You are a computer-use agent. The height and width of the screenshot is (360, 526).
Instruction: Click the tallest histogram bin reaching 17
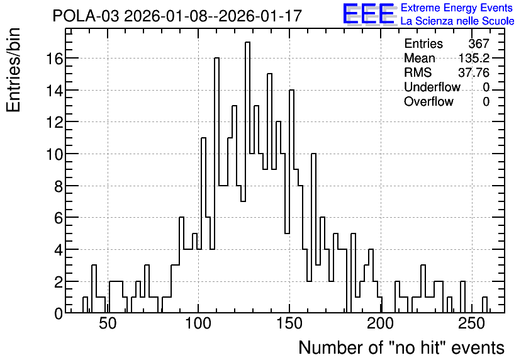tap(247, 177)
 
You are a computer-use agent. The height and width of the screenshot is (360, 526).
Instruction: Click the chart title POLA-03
tap(86, 16)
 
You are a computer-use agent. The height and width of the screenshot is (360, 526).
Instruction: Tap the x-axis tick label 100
tap(198, 323)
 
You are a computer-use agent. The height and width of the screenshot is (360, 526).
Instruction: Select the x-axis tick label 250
tap(472, 323)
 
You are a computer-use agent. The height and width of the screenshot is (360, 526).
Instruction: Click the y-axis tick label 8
tap(59, 186)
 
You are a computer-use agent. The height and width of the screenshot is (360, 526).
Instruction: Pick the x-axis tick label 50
tap(108, 323)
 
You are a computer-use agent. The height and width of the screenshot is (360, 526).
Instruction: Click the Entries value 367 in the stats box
tap(479, 43)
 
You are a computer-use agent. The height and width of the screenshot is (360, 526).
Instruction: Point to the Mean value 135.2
tap(474, 59)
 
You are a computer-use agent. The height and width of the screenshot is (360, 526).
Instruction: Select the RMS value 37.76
tap(474, 72)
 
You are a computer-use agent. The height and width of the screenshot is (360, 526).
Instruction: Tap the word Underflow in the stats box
tap(432, 87)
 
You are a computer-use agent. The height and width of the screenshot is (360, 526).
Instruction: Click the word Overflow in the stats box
tap(428, 101)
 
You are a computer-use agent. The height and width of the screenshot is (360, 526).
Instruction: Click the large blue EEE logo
tap(369, 14)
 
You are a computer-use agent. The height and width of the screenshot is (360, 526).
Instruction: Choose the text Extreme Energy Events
tap(457, 8)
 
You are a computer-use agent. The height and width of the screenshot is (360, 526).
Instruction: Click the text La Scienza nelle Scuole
tap(457, 21)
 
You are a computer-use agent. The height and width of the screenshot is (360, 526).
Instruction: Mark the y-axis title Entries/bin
tap(13, 70)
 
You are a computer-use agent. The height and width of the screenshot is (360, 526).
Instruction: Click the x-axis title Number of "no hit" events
tap(401, 347)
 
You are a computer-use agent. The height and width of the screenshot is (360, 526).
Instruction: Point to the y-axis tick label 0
tap(59, 314)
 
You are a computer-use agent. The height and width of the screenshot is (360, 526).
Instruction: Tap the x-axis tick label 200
tap(381, 323)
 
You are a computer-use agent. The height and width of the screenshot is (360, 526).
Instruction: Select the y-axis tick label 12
tap(55, 123)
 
